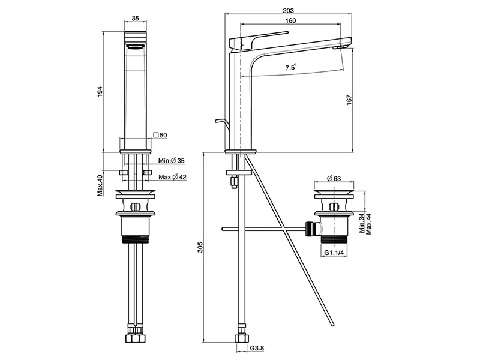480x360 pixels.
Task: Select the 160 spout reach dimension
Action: (290, 21)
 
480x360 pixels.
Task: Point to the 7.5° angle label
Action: (290, 68)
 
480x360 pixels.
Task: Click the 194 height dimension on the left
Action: (101, 91)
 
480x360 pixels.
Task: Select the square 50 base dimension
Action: (160, 136)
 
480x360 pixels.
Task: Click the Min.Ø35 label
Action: (172, 160)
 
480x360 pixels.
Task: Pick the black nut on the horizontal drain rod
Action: (310, 229)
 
